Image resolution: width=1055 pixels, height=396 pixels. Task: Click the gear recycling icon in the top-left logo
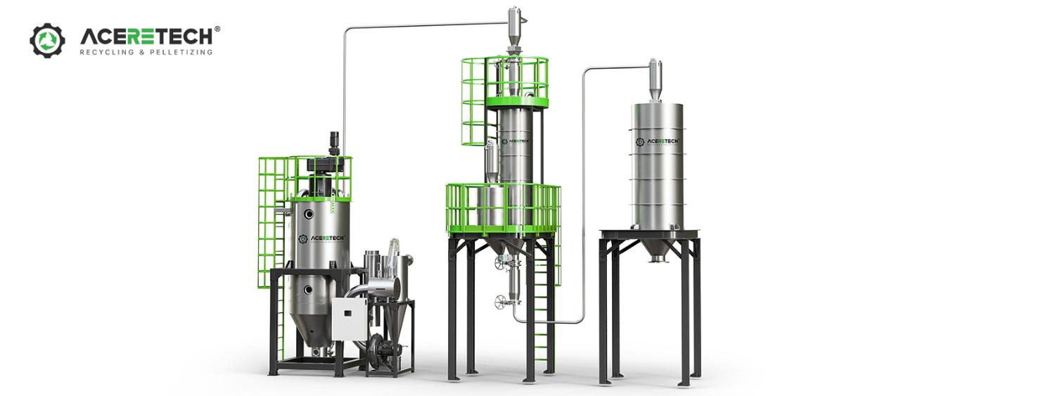[x=47, y=41]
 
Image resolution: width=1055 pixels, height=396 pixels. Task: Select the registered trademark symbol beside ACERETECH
[x=217, y=30]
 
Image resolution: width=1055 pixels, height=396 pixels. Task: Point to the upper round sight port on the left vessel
[x=309, y=215]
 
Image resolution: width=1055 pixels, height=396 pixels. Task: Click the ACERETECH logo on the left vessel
[x=323, y=239]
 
